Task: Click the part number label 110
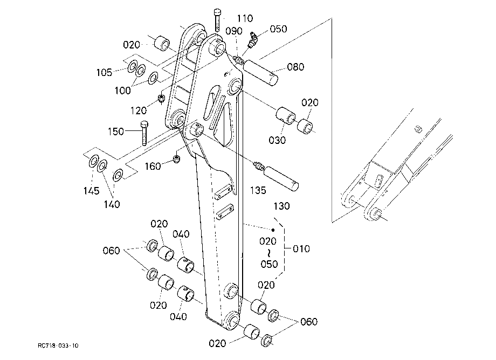245,18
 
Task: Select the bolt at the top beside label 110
217,20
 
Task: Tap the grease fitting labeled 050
253,40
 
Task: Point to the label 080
295,67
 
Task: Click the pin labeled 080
260,73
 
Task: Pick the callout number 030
277,140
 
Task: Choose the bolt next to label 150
144,133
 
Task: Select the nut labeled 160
177,158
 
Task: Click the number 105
105,73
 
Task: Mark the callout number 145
91,191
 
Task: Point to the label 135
258,190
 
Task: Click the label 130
281,206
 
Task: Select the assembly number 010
301,249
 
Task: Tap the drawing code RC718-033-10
58,345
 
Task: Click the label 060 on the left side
112,251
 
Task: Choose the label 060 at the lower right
309,322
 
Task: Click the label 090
234,31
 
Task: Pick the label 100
122,91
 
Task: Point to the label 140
112,204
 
